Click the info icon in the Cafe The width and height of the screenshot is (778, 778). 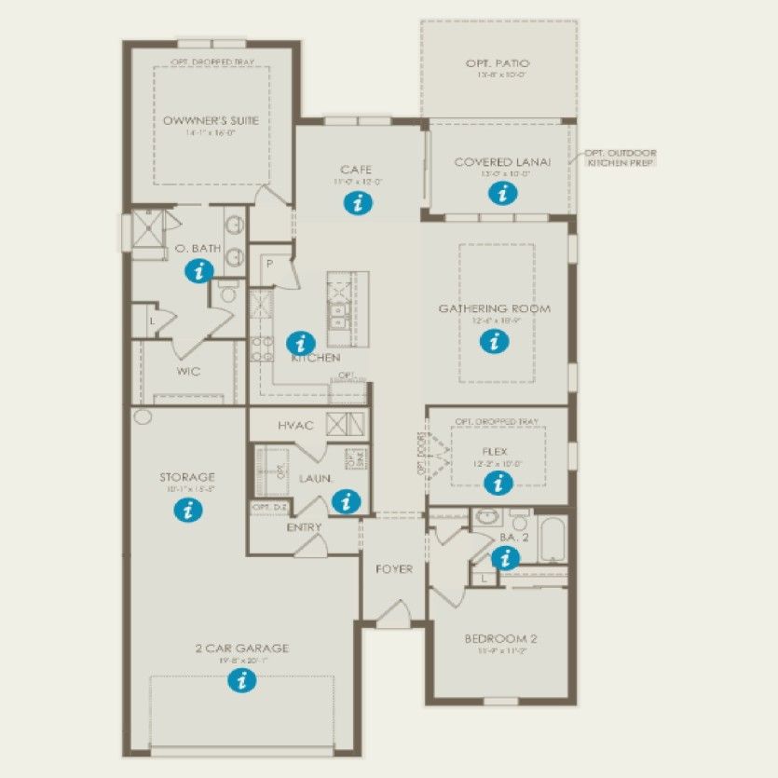pyautogui.click(x=354, y=203)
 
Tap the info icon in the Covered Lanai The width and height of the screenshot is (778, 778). pyautogui.click(x=503, y=193)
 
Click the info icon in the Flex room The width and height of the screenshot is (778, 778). pyautogui.click(x=498, y=482)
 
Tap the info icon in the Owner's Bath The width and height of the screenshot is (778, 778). pyautogui.click(x=198, y=271)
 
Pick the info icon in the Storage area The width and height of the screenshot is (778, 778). pyautogui.click(x=188, y=509)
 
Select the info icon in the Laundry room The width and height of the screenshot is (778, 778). pyautogui.click(x=346, y=501)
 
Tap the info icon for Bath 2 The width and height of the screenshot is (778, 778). pyautogui.click(x=506, y=558)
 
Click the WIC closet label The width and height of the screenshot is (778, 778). pyautogui.click(x=188, y=371)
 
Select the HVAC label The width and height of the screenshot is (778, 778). pyautogui.click(x=295, y=425)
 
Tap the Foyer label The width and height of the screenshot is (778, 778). pyautogui.click(x=394, y=568)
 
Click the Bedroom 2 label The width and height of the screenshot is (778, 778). pyautogui.click(x=500, y=639)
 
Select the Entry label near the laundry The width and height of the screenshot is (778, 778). pyautogui.click(x=305, y=527)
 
